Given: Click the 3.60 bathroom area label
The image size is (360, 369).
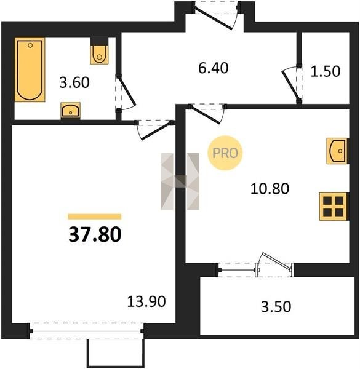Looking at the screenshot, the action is point(74,83).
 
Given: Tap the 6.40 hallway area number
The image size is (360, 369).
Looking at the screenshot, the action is point(214,68).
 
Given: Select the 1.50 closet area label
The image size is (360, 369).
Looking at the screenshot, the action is point(326,71).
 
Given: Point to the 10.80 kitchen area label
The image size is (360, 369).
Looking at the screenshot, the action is point(270,189).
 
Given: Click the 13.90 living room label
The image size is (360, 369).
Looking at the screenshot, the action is point(146,301).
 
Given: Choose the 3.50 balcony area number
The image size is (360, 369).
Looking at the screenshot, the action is point(276,307).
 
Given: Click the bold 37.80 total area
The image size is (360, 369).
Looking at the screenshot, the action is point(95,235).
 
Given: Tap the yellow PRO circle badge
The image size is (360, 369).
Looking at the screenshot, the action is point(225,153).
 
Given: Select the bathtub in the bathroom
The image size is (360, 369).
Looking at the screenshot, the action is point(30,69).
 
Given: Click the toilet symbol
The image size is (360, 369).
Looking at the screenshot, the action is point(99,51).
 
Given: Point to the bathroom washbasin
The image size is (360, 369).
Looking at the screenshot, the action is point(70,110).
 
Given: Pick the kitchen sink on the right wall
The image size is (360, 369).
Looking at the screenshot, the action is point(337,151).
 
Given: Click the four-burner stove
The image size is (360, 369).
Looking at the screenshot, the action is point(333,207).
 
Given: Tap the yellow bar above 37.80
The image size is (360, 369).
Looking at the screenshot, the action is point(95,216).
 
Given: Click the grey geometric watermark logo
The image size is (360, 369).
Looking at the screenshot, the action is point(180,181).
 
